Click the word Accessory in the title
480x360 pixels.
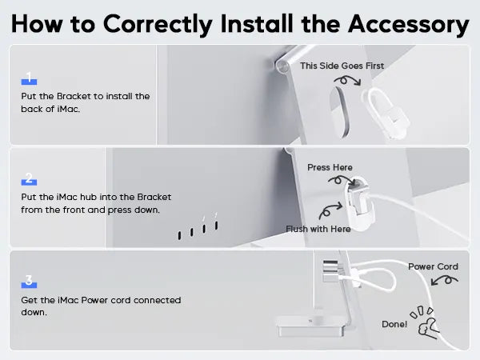click(x=409, y=25)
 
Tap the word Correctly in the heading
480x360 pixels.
click(x=158, y=25)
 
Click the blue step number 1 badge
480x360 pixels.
click(x=29, y=78)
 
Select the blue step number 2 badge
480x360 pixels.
click(x=29, y=178)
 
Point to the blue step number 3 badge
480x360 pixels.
click(x=29, y=282)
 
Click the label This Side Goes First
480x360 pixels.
click(x=342, y=66)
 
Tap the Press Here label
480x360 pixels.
click(x=330, y=167)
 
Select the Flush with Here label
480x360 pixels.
click(x=318, y=229)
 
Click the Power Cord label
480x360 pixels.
click(x=433, y=266)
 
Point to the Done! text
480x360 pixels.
click(x=394, y=324)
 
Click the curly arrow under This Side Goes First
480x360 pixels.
click(x=348, y=80)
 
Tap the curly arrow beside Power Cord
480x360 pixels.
click(x=445, y=280)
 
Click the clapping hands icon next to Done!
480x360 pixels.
click(x=426, y=323)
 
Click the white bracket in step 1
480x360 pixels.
click(x=386, y=114)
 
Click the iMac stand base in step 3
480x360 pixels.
click(x=310, y=326)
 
